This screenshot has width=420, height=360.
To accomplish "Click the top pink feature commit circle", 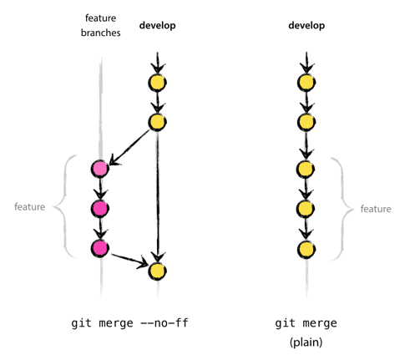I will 99,169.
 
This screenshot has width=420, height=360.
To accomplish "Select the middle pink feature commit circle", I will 99,208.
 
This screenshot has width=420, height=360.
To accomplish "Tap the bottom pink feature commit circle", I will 99,248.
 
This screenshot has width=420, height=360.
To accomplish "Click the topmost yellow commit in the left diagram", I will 157,83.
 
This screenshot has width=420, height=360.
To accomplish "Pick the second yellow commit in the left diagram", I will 157,123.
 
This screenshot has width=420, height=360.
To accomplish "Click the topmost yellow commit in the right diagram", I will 306,83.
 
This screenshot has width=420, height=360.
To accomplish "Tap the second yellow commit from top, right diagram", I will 306,123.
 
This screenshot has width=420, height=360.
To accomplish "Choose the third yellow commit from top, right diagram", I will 306,169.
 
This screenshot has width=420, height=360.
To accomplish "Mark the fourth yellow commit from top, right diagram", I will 306,208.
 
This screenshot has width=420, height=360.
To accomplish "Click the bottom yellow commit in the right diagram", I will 306,248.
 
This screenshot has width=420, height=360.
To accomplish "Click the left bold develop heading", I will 156,26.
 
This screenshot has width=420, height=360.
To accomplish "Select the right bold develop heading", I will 306,26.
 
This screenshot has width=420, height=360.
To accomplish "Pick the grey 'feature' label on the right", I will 376,209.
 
